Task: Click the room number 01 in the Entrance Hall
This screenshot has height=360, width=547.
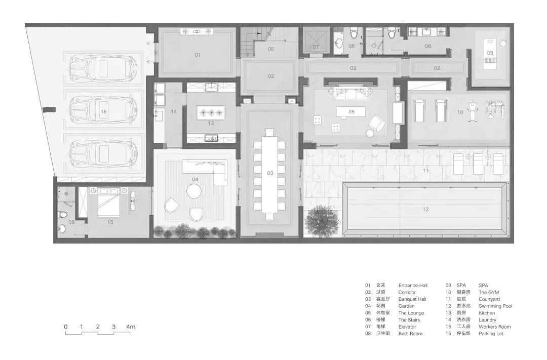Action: click(x=198, y=55)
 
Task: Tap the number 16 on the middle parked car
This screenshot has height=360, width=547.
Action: click(x=104, y=111)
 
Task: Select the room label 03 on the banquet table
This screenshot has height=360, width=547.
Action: click(x=270, y=173)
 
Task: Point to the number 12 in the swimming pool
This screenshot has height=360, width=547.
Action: click(x=425, y=209)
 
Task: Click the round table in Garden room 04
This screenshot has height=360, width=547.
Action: click(x=194, y=191)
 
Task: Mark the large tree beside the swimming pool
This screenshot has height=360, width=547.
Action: click(x=321, y=221)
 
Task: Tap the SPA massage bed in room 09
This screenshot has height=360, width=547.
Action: click(x=490, y=52)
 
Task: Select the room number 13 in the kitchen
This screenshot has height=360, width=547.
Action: click(x=211, y=123)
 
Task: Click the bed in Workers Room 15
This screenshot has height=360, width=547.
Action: click(x=109, y=203)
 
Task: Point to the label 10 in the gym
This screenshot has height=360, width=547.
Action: click(x=460, y=112)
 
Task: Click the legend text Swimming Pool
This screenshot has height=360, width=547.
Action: click(x=495, y=306)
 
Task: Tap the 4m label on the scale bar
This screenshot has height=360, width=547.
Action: click(x=131, y=327)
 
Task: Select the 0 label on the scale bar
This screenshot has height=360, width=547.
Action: click(x=66, y=327)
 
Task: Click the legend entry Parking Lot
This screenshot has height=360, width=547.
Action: click(x=491, y=334)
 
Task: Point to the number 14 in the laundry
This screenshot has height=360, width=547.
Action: click(x=174, y=111)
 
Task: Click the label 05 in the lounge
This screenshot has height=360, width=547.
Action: click(x=351, y=111)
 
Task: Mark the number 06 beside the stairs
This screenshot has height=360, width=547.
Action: click(x=270, y=49)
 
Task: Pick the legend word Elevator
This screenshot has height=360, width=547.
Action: click(x=407, y=327)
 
